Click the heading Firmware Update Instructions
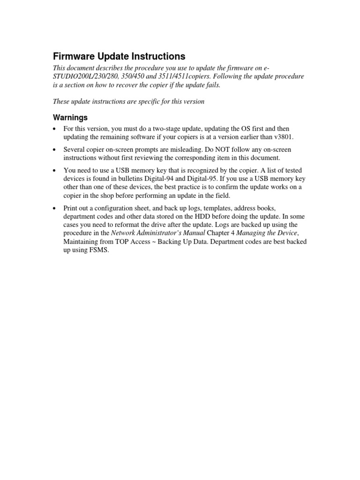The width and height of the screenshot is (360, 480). pos(120,56)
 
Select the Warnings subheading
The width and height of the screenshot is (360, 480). pos(70,117)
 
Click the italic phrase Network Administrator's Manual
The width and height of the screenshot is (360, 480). pos(158,233)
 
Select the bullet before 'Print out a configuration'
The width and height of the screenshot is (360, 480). pos(55,208)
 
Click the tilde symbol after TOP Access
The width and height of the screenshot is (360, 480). pos(146,242)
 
